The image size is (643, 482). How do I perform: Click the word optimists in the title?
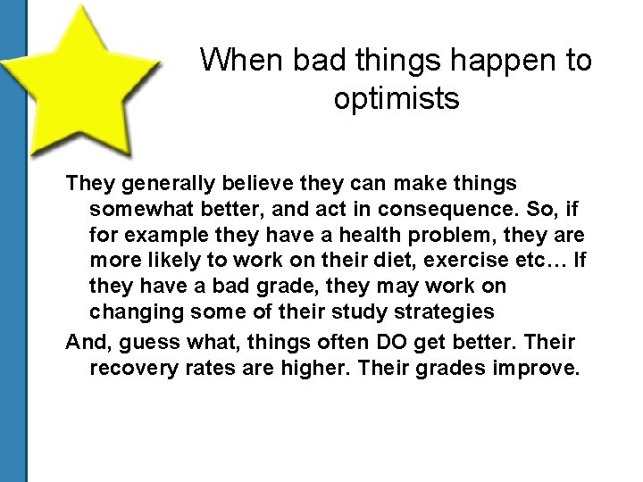(x=397, y=99)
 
